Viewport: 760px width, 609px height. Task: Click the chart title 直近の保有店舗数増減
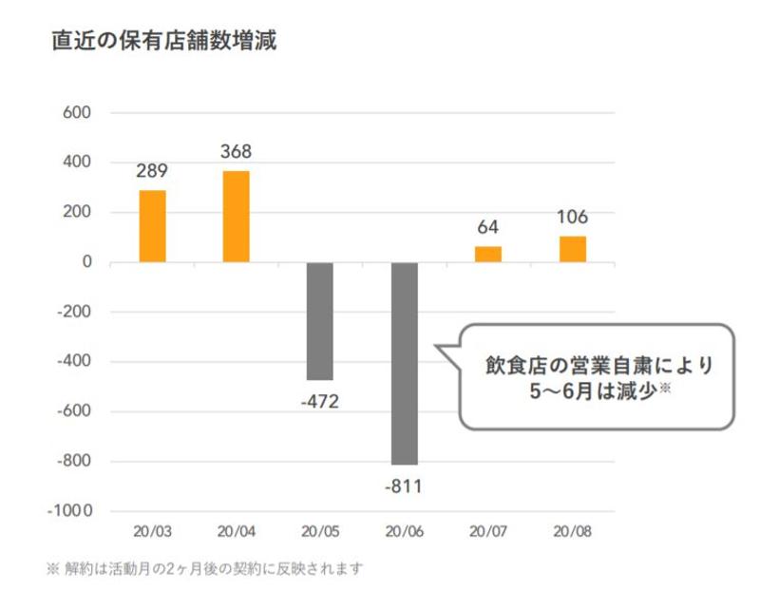[163, 42]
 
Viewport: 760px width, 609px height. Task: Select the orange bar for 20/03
[152, 226]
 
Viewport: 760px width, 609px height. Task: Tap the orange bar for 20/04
[236, 217]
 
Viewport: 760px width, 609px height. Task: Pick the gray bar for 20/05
[320, 321]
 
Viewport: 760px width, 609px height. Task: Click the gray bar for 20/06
[404, 363]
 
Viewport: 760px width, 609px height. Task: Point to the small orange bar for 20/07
[487, 255]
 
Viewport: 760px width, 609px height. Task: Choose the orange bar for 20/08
[572, 249]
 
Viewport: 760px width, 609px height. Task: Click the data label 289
[152, 172]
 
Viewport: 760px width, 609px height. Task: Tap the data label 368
[236, 152]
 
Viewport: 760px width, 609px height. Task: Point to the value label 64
[487, 227]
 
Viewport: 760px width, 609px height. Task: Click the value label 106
[572, 217]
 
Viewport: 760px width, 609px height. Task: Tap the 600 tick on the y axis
[75, 113]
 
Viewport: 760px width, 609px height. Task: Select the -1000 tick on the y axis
[69, 511]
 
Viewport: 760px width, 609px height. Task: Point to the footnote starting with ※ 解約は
[205, 569]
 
